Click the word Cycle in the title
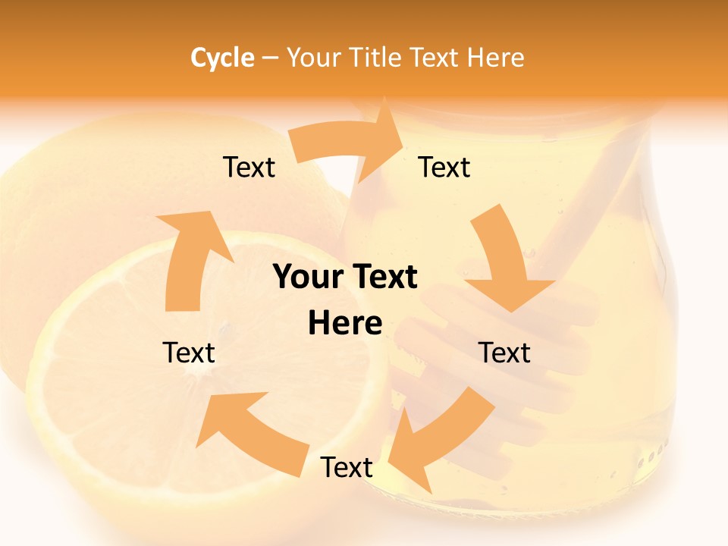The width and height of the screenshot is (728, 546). (222, 58)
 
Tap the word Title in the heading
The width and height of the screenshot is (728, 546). (378, 58)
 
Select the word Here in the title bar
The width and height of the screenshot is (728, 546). (495, 58)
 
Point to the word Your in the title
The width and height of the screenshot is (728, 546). (314, 58)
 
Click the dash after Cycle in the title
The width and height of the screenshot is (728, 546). (271, 58)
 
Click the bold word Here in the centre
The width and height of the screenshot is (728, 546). (345, 324)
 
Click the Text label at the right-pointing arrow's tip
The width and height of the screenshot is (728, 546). (444, 168)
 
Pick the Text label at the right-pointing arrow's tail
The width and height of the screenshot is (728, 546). (249, 168)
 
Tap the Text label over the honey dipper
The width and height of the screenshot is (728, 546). (504, 353)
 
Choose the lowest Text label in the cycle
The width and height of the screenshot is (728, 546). (347, 468)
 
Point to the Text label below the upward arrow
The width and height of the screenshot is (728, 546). (189, 353)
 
